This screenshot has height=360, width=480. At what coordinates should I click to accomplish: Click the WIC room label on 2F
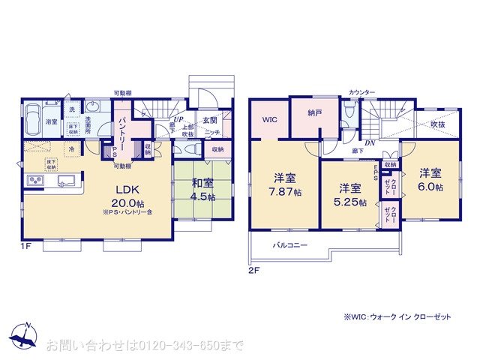point(268,118)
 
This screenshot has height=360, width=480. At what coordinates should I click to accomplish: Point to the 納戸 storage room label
point(314,114)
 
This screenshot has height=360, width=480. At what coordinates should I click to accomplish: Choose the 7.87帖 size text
point(283,193)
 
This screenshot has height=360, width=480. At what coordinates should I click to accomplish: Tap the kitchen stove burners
point(35,181)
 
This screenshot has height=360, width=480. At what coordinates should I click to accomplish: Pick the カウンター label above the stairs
point(361,92)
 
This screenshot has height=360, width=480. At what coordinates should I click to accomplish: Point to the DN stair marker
point(369,143)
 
